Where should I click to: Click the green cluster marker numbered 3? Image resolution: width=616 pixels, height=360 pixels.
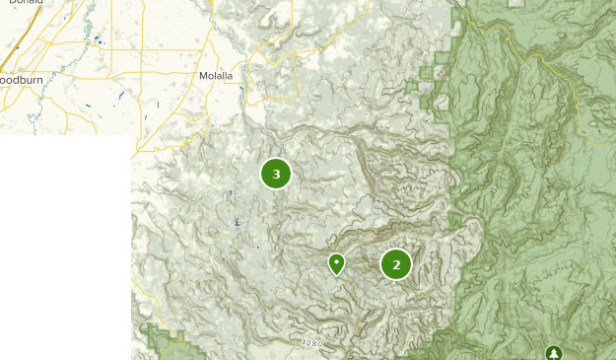coord(276,174)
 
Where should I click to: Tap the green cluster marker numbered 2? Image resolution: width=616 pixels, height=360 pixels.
coord(396,263)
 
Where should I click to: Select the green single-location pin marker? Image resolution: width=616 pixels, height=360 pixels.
coord(336,263)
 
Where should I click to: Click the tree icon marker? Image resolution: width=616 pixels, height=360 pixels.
coord(553,352)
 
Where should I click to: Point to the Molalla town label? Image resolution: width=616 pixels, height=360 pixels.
coord(216,75)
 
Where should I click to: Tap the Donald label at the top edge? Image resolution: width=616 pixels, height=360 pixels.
coord(28,3)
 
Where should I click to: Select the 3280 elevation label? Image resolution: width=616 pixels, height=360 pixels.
coord(311,343)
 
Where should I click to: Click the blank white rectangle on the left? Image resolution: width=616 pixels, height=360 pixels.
coord(65,247)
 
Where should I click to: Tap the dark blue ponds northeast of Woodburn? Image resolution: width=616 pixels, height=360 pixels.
coord(97,40)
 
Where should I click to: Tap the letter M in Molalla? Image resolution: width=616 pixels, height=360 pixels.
coord(203,75)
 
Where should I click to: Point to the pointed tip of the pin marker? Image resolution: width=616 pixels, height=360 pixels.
coord(336,275)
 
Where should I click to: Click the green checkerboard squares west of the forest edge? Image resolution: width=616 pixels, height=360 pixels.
coord(432,84)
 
